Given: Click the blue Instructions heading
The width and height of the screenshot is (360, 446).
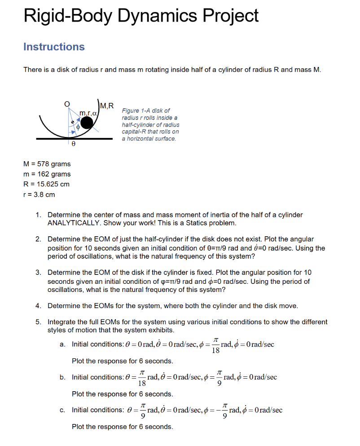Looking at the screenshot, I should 54,47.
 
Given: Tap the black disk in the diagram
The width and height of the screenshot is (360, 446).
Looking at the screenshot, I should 88,122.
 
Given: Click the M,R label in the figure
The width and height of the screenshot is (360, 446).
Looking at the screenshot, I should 107,106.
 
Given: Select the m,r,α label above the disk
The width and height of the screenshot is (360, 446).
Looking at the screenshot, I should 88,111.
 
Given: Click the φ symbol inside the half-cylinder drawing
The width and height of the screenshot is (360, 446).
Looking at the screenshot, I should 78,128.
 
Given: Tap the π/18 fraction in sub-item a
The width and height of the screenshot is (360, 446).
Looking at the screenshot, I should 216,344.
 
